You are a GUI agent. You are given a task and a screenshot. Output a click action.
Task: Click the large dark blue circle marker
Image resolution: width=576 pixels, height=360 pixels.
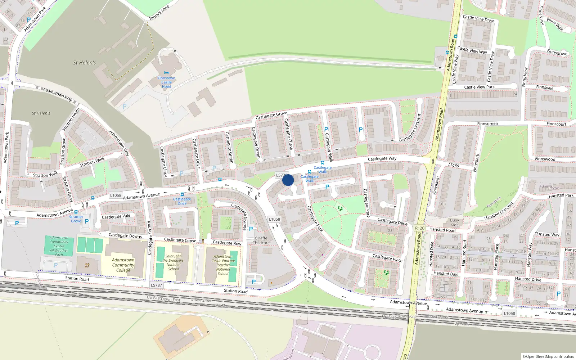[288, 180]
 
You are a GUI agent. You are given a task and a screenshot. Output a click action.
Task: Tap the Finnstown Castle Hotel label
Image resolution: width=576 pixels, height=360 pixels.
[166, 82]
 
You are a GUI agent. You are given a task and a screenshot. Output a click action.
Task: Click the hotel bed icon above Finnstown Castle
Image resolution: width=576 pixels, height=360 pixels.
[166, 73]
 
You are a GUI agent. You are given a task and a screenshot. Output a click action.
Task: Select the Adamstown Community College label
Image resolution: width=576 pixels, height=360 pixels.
[123, 265]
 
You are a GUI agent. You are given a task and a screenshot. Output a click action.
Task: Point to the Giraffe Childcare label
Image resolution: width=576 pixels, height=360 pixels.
[261, 240]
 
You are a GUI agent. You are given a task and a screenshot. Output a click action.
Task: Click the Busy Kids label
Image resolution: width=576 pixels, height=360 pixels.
[454, 222]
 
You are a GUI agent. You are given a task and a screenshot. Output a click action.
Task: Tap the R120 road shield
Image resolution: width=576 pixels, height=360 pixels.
[420, 228]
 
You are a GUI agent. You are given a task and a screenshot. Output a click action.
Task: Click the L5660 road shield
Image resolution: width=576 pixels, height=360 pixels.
[454, 165]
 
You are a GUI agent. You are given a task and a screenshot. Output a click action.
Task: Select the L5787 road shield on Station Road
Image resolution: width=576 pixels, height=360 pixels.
[157, 285]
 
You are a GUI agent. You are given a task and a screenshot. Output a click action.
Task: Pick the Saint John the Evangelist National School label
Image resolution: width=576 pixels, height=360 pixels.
[174, 262]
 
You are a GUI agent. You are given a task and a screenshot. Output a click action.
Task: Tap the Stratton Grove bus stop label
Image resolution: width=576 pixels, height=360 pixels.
[76, 219]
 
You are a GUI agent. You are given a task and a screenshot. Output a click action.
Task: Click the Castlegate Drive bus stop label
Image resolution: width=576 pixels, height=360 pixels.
[182, 201]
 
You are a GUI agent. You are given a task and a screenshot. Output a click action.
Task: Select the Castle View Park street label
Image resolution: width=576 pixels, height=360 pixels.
[479, 87]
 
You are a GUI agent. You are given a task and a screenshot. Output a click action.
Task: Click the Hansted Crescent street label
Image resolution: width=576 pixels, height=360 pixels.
[499, 211]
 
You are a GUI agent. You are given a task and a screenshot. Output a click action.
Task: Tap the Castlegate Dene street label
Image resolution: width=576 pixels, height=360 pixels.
[392, 221]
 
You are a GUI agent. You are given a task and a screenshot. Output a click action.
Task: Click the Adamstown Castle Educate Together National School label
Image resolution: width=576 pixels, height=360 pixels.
[223, 265]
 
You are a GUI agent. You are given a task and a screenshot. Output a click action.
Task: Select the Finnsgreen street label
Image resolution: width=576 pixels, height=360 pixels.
[487, 124]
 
